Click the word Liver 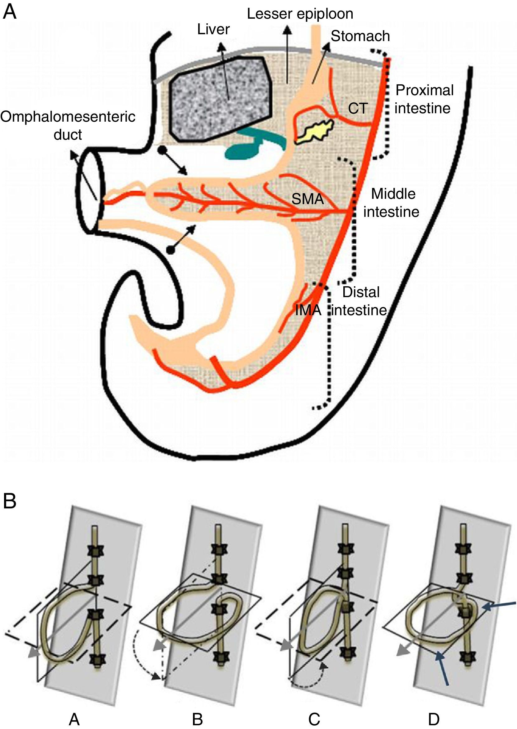click(x=213, y=29)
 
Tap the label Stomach click(x=360, y=36)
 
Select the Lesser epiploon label click(x=300, y=14)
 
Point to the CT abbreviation click(x=358, y=109)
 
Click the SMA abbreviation click(x=308, y=199)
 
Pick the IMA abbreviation click(x=308, y=310)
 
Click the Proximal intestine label click(x=424, y=99)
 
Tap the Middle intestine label click(x=392, y=203)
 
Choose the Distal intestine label click(x=360, y=301)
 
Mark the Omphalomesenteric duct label click(x=68, y=125)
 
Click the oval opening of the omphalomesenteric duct click(x=90, y=191)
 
